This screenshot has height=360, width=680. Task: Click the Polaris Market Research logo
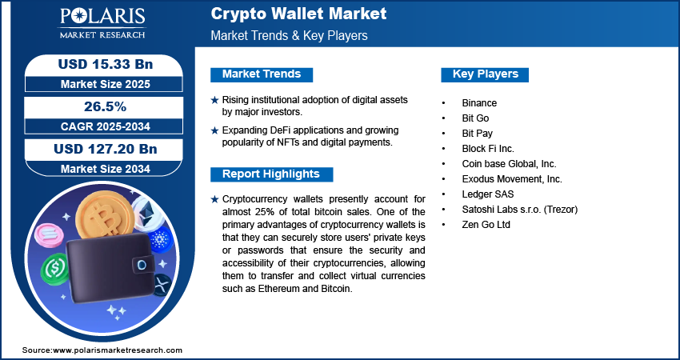pos(102,22)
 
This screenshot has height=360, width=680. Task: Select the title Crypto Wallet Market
pos(298,14)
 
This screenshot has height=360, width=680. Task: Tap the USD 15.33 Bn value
pos(106,64)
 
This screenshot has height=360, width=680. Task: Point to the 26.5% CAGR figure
pos(106,106)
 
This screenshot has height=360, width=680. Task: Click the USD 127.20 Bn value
pos(106,149)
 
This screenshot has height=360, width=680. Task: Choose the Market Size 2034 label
pos(106,169)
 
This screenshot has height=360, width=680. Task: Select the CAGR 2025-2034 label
pos(106,126)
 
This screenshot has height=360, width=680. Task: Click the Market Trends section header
pos(262,74)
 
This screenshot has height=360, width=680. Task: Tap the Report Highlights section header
pos(271,174)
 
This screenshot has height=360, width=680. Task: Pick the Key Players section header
pos(486,74)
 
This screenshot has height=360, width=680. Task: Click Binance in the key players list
pos(479,103)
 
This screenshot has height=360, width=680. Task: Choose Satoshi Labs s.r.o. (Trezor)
pos(519,210)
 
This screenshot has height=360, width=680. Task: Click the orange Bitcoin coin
pos(104,217)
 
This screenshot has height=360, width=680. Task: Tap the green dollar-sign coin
pos(55,269)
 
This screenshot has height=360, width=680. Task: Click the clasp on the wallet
pos(142,264)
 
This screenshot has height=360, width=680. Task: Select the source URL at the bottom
pos(102,350)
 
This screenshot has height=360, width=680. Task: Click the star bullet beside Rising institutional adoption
pos(214,100)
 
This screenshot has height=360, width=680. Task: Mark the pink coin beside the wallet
pos(49,235)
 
